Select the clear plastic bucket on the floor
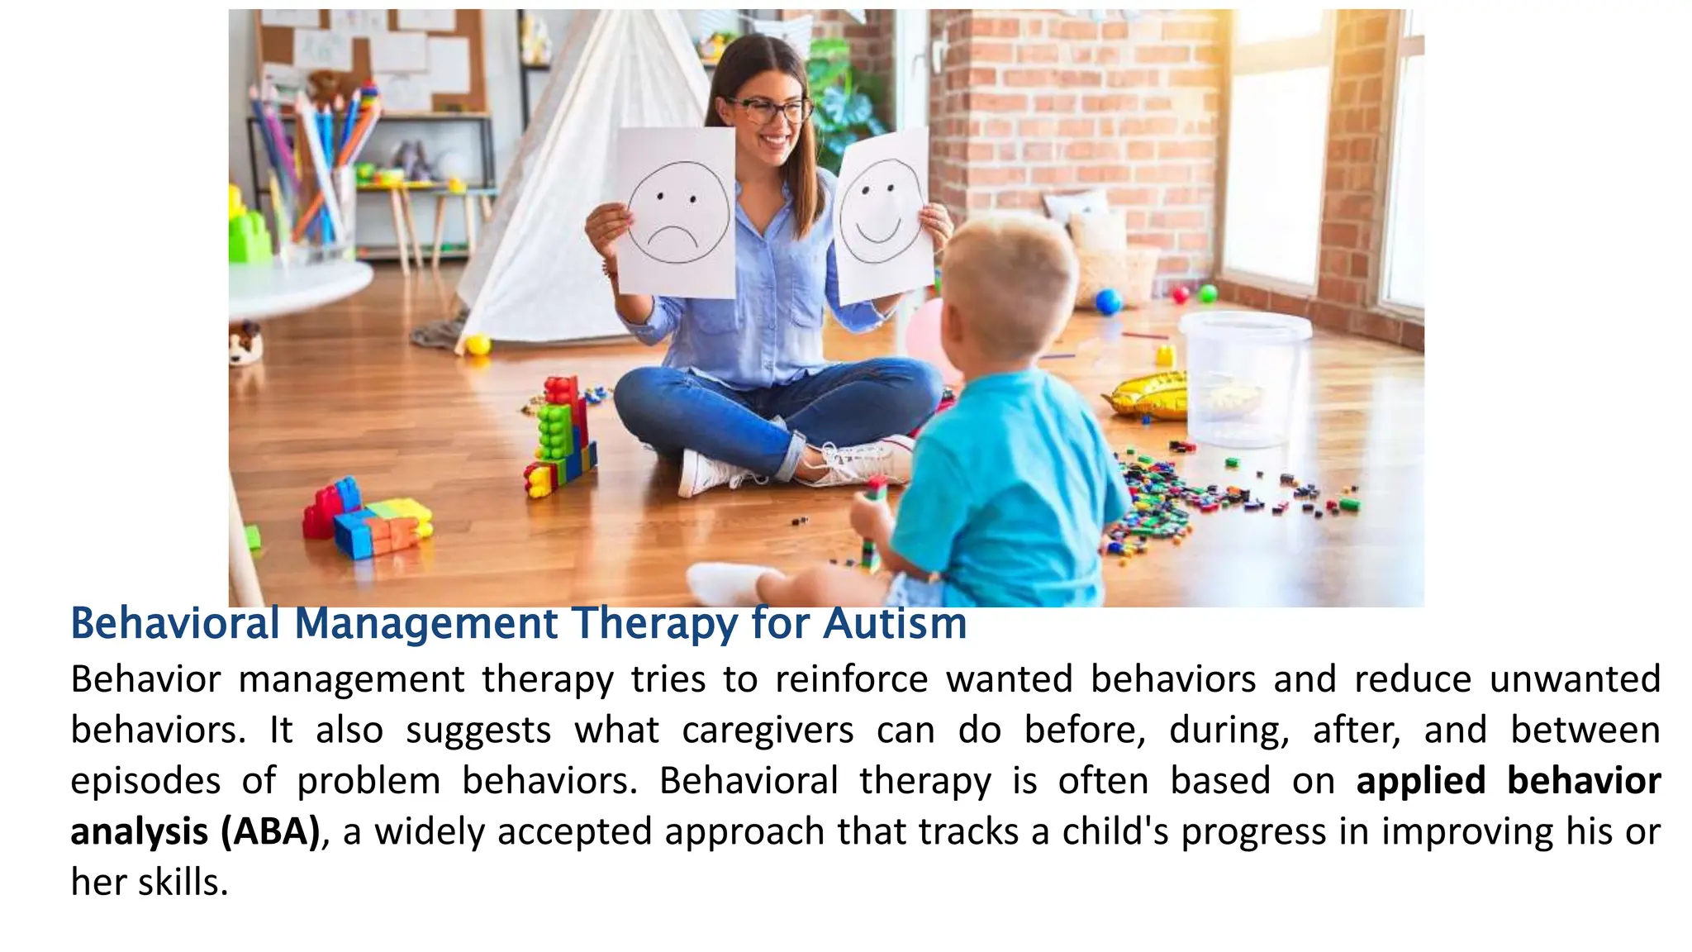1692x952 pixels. (x=1244, y=376)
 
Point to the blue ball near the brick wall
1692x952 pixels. (x=1108, y=301)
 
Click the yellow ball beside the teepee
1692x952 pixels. (x=478, y=345)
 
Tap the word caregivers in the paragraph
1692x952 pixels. (x=768, y=731)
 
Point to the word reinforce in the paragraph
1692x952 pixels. (x=851, y=680)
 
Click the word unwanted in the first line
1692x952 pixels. (x=1575, y=680)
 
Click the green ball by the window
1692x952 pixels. (x=1208, y=293)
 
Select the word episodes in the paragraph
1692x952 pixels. (x=145, y=781)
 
